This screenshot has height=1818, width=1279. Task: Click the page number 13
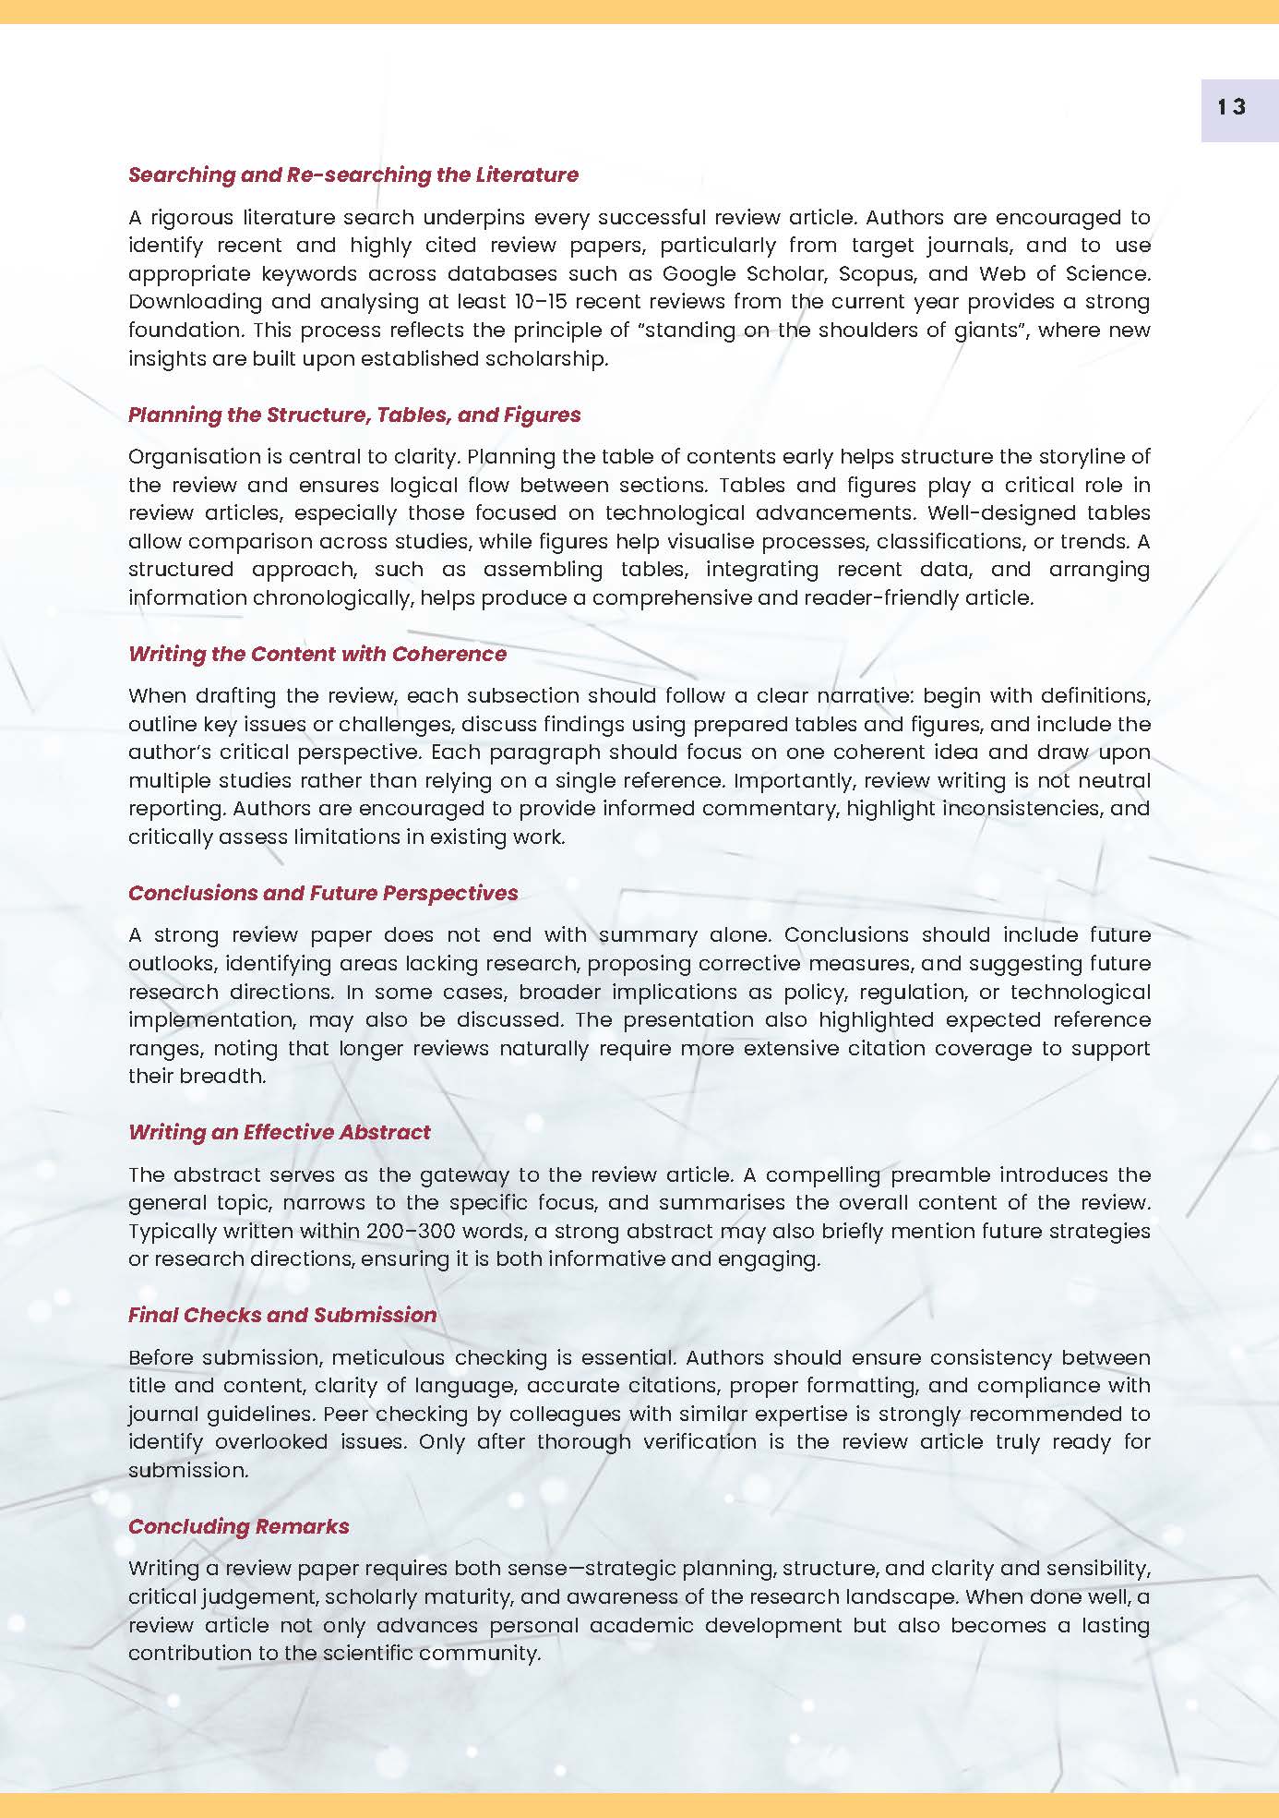pyautogui.click(x=1231, y=107)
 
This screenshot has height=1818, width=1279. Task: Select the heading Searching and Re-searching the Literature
pyautogui.click(x=353, y=175)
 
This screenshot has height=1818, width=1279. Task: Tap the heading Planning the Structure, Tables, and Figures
pyautogui.click(x=354, y=415)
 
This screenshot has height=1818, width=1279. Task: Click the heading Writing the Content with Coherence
pyautogui.click(x=317, y=654)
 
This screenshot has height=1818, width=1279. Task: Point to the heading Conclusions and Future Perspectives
pyautogui.click(x=323, y=893)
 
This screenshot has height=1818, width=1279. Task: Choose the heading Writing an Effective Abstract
pyautogui.click(x=280, y=1132)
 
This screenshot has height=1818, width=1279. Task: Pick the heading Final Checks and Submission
pyautogui.click(x=282, y=1315)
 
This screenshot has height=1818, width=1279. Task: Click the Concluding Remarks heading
pyautogui.click(x=239, y=1526)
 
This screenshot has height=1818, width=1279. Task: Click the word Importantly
pyautogui.click(x=795, y=780)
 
